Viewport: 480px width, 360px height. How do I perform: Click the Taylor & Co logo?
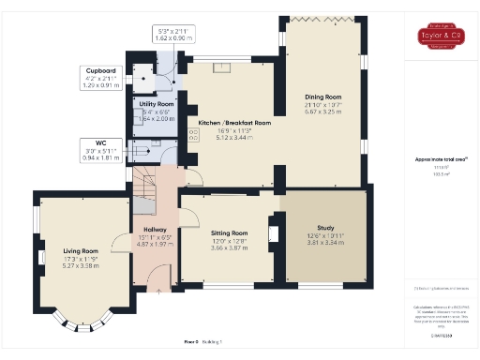point(441,37)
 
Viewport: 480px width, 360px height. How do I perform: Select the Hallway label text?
point(152,229)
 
